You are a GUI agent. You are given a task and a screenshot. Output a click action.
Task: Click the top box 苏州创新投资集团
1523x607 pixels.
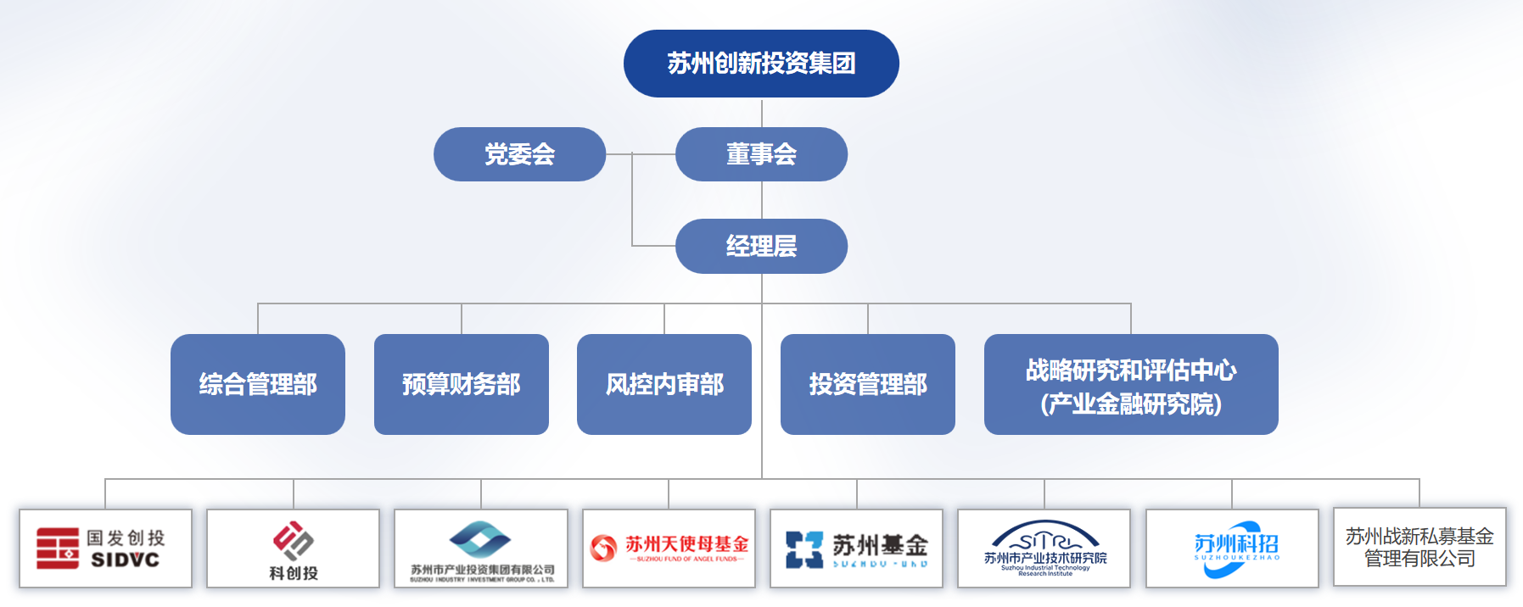761,64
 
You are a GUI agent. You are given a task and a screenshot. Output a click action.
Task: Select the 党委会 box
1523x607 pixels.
519,154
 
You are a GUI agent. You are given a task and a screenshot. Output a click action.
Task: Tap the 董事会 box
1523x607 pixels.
761,154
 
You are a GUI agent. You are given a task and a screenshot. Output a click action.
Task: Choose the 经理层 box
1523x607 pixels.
761,246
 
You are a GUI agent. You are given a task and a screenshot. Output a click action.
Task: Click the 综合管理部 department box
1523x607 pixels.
258,384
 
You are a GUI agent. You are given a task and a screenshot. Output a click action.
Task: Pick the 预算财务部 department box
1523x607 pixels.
462,384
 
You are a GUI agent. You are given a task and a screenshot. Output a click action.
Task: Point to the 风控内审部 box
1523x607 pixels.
664,384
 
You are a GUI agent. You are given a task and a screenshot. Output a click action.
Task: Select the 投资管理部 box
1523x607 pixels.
868,384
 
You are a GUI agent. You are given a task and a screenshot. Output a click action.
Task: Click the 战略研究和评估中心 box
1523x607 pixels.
1131,384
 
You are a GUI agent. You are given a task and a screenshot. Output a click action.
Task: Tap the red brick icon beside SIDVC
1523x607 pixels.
57,548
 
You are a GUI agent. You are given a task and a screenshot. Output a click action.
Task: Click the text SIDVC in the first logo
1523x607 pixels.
126,560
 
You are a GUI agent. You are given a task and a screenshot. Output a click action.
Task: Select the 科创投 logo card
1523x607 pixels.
294,549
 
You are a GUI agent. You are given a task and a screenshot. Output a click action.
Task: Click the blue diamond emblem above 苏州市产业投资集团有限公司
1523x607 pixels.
480,538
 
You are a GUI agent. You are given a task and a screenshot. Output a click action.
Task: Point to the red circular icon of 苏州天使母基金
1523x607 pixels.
603,548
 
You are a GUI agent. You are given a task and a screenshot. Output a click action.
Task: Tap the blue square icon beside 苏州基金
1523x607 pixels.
803,549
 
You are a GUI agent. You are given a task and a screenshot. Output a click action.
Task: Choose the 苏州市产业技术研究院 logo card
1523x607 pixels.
1044,549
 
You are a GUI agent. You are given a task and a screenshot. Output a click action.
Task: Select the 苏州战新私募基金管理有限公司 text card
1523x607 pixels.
1419,548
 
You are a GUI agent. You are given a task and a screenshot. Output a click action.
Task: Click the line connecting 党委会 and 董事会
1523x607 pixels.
641,154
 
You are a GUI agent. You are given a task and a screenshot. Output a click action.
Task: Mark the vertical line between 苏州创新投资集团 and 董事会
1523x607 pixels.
762,112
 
